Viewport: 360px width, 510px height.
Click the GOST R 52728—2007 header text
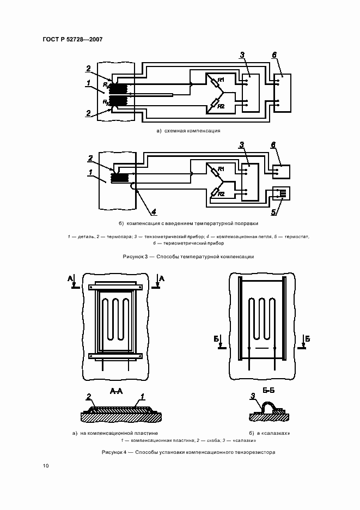(x=72, y=39)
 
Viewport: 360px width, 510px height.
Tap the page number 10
(x=46, y=466)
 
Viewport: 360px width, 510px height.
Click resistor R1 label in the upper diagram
(x=221, y=80)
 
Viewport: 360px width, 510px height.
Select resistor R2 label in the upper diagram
(x=221, y=106)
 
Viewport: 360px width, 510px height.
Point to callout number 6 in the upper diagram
(x=274, y=55)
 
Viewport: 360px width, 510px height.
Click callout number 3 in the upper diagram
(x=242, y=55)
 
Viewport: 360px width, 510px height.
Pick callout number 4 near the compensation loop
(x=154, y=212)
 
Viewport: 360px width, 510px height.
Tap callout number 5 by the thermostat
(x=274, y=212)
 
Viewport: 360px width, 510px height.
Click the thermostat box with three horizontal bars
(x=281, y=193)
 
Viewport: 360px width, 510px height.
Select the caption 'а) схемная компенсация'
(x=188, y=131)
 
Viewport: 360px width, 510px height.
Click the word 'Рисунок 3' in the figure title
(x=135, y=257)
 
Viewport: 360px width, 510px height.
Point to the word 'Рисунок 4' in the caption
(x=114, y=452)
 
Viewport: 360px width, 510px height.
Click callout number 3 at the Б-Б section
(x=253, y=396)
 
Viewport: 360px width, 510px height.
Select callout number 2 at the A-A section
(x=88, y=397)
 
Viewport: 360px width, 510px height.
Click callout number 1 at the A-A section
(x=142, y=397)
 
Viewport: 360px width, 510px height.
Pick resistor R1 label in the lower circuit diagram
(x=221, y=169)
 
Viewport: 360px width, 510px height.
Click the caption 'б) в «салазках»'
(x=269, y=433)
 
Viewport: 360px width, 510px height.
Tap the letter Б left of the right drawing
(x=216, y=339)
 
